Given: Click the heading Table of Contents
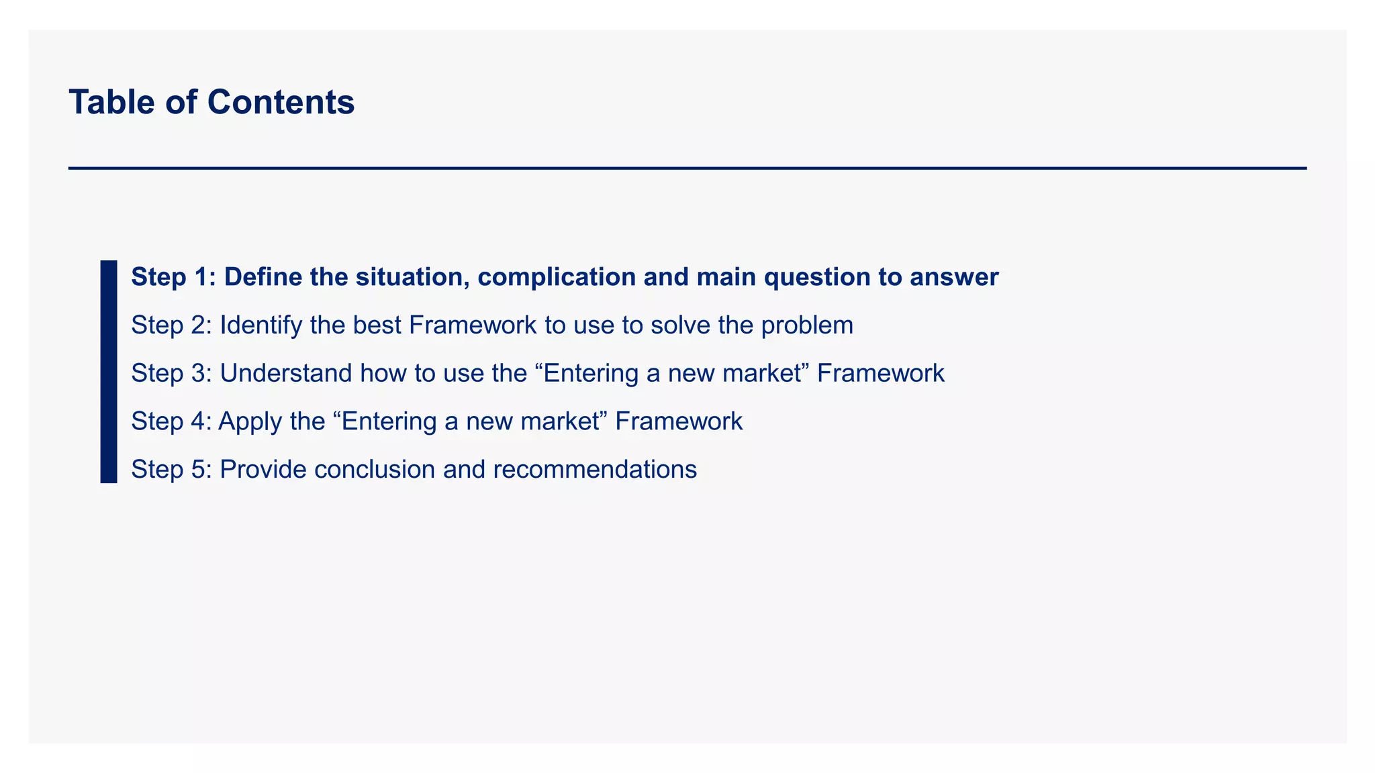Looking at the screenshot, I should click(x=211, y=103).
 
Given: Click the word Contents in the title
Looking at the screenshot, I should click(x=281, y=103).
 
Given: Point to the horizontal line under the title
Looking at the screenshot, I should click(x=687, y=168).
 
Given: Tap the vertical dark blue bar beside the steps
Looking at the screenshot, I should click(x=109, y=371).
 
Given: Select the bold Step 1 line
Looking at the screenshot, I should click(x=564, y=277).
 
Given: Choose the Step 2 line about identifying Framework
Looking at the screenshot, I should click(x=491, y=325).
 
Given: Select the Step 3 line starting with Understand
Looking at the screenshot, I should click(x=537, y=373).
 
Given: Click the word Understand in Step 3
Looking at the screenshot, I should click(x=285, y=373).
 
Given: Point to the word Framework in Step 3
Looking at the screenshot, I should click(x=880, y=373).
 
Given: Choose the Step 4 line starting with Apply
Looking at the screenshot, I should click(x=436, y=421).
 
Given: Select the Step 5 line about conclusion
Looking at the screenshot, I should click(x=414, y=469).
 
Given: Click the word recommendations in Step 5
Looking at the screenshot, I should click(x=595, y=469).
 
